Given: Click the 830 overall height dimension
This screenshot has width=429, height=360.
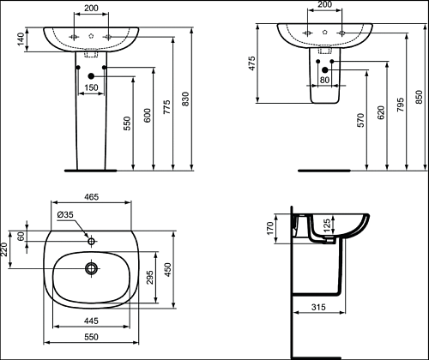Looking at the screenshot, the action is click(x=185, y=99).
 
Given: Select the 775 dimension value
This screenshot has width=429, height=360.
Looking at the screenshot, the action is click(x=166, y=107).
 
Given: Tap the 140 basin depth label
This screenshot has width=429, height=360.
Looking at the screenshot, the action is click(x=21, y=39).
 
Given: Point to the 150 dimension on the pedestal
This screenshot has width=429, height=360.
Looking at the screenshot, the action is click(x=91, y=87).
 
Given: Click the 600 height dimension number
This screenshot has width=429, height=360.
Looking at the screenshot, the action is click(x=147, y=116).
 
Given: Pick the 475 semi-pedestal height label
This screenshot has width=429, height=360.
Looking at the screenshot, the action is click(x=251, y=63).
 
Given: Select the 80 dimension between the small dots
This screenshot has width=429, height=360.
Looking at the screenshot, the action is click(x=324, y=80).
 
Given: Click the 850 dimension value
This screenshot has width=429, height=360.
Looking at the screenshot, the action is click(x=419, y=97).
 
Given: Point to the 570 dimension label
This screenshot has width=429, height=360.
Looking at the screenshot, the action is click(x=361, y=120).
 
